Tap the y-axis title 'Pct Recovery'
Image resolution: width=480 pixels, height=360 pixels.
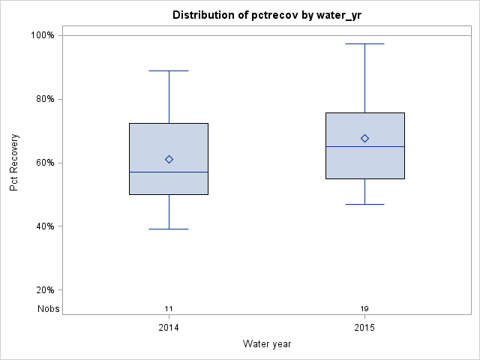tap(14, 163)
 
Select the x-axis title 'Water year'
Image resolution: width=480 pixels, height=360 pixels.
tap(266, 343)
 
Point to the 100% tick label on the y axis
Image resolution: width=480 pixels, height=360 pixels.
tap(41, 35)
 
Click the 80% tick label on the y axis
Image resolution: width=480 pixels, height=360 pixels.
tap(43, 99)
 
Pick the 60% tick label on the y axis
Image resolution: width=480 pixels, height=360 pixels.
tap(43, 163)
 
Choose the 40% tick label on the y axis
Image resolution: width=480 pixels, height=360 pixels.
tap(43, 226)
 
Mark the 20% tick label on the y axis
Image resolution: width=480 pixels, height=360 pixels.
tap(43, 290)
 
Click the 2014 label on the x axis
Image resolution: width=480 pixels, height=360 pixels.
tap(169, 328)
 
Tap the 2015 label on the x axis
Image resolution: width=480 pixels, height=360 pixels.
tap(364, 328)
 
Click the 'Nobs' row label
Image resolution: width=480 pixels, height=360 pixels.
tap(49, 309)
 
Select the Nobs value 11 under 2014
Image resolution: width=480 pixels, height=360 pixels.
tap(169, 309)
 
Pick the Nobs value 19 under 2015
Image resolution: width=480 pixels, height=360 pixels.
tap(364, 309)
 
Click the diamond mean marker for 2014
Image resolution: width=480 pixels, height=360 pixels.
tap(169, 159)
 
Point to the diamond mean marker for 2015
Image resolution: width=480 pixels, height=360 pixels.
tap(364, 138)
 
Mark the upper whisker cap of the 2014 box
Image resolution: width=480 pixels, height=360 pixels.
tap(169, 70)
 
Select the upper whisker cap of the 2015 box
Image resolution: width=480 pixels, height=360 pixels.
tap(364, 43)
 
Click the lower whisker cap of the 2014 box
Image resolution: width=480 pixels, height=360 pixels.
tap(169, 229)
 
